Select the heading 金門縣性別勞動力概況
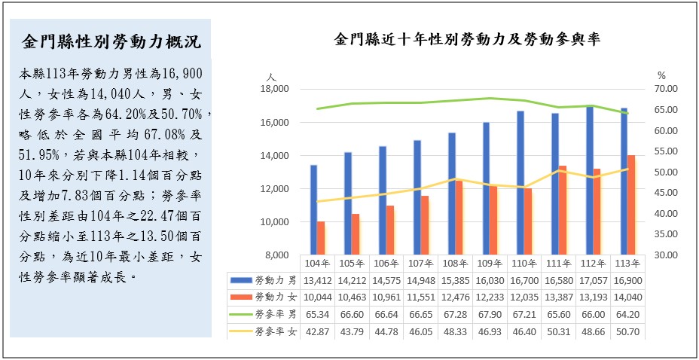tap(111, 41)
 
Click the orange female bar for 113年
tap(631, 205)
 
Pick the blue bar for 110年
tap(520, 183)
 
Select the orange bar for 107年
tap(425, 225)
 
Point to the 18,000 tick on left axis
tap(275, 89)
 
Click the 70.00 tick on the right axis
tap(667, 89)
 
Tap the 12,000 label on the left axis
tap(275, 189)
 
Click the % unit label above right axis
tap(661, 76)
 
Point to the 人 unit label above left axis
tap(272, 77)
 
